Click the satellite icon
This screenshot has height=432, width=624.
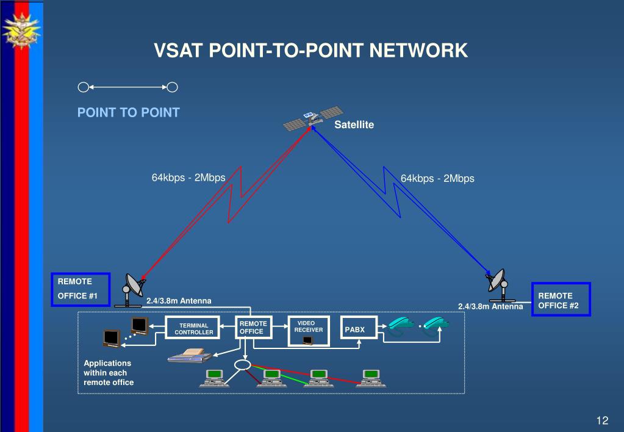[x=313, y=118]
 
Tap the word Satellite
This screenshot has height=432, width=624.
[x=354, y=124]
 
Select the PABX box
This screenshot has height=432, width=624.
[x=359, y=328]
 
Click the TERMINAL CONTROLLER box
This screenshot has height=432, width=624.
[x=193, y=328]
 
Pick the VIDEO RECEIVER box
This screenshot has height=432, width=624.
[x=309, y=331]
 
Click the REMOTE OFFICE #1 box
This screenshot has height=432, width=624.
[x=81, y=289]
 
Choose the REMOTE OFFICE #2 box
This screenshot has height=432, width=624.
[x=561, y=300]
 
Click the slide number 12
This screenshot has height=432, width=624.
[x=602, y=420]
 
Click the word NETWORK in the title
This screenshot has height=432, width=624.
[x=418, y=50]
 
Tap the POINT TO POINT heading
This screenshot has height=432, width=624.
[x=129, y=112]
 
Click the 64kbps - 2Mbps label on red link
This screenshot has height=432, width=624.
[x=188, y=178]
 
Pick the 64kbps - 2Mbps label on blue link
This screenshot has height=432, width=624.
[x=437, y=178]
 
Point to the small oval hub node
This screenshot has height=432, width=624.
[x=242, y=365]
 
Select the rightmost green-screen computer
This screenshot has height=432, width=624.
[x=371, y=378]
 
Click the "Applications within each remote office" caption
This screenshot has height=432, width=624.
[x=109, y=373]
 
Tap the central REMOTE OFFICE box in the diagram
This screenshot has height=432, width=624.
[x=254, y=327]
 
